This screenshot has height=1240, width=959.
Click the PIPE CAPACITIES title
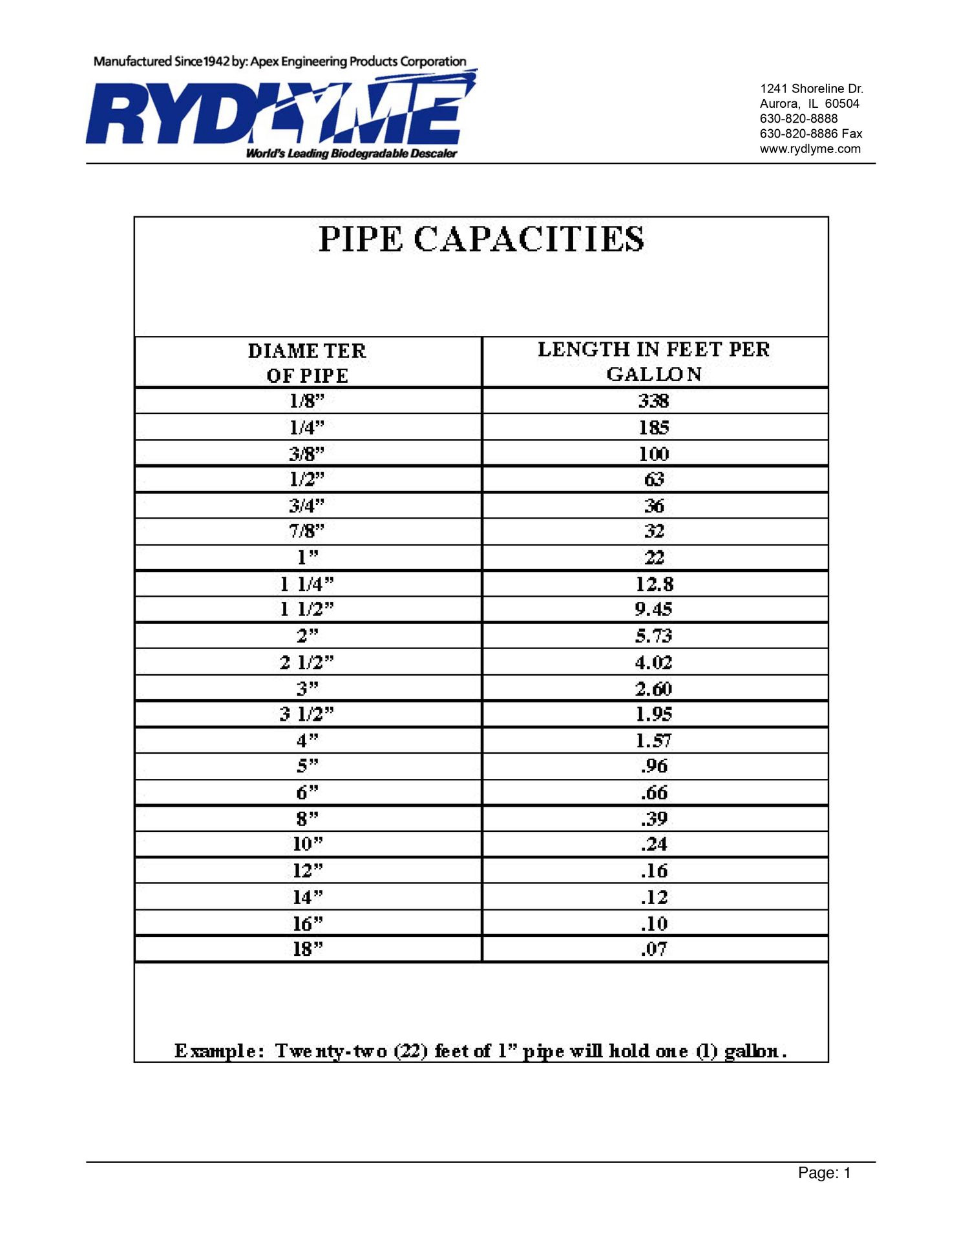(481, 240)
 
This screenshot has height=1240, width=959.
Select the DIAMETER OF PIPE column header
(307, 363)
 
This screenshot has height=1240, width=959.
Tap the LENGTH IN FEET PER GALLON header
(654, 362)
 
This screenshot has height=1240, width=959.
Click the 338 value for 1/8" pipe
(653, 401)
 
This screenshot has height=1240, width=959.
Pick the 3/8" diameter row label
(306, 454)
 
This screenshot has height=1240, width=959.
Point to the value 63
(653, 480)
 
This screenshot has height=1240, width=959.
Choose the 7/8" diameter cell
(306, 532)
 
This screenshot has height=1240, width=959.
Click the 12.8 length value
(654, 584)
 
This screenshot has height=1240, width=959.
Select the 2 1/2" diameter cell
(307, 663)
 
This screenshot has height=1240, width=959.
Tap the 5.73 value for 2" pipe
(653, 636)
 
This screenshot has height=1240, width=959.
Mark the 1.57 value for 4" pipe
(653, 741)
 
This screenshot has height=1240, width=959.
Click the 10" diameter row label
(307, 844)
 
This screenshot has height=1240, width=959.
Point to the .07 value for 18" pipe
(653, 949)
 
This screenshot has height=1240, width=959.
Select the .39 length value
(653, 819)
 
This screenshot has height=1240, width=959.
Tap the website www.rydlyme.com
(810, 149)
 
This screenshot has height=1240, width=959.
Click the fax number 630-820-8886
(799, 134)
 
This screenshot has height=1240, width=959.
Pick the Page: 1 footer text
(824, 1173)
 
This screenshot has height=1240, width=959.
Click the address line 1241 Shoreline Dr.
(811, 88)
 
